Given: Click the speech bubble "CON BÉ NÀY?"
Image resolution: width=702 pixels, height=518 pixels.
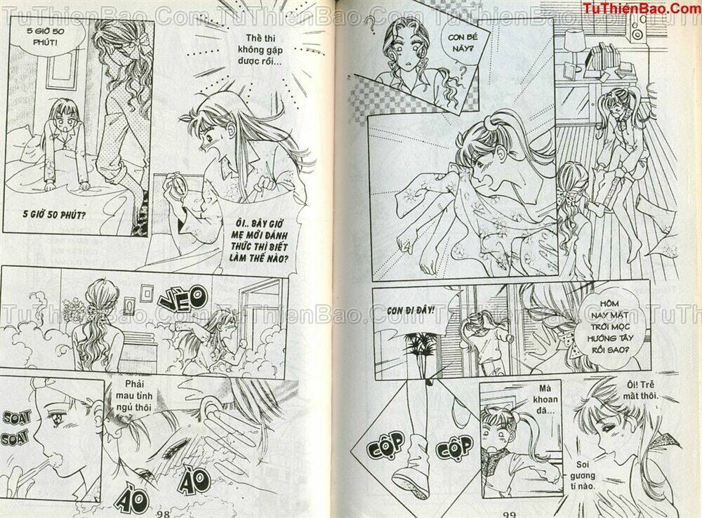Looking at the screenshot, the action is tap(461, 43).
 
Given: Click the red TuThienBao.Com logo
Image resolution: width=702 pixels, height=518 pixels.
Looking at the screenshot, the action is tap(641, 7).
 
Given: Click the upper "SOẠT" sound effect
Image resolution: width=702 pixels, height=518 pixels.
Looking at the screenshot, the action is tap(17, 418).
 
